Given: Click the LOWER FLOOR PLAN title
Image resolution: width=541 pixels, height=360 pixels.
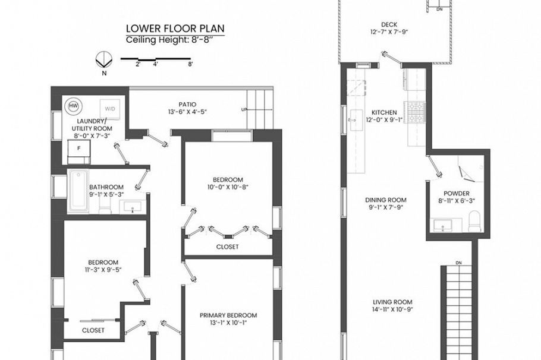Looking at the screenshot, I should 175,29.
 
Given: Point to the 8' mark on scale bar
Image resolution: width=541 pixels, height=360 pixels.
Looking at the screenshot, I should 190,64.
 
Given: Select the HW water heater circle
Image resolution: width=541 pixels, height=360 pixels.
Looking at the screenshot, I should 74,106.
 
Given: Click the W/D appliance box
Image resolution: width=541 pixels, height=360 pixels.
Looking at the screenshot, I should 111,109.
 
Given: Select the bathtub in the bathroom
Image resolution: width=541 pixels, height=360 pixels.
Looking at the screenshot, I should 78,191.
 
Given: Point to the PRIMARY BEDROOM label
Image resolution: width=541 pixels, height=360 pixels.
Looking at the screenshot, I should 228,315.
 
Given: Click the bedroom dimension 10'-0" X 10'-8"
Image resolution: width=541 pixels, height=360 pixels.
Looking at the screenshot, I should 228,188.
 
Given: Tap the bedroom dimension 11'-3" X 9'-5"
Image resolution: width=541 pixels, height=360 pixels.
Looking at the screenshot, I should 103,270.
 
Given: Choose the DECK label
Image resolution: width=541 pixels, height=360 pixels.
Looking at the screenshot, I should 389,24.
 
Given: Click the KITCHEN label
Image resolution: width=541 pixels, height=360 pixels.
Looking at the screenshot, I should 384,112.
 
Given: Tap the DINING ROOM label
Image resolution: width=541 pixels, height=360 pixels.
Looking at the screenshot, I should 385,200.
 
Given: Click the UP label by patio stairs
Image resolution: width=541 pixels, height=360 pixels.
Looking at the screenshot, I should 243,110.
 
